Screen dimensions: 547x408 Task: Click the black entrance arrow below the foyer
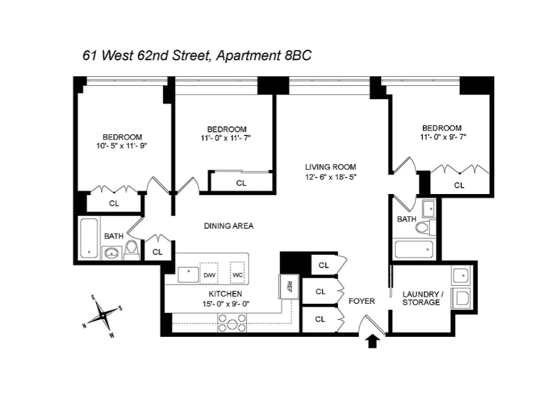click(x=373, y=341)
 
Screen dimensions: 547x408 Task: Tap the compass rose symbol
click(x=102, y=315)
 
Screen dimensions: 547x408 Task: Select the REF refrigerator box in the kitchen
click(x=289, y=286)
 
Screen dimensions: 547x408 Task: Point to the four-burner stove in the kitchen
click(x=232, y=325)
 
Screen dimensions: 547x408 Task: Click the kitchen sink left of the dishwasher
click(x=187, y=274)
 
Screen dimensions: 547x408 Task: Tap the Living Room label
click(x=330, y=167)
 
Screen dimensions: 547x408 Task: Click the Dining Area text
click(x=229, y=226)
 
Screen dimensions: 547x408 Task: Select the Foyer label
click(x=362, y=300)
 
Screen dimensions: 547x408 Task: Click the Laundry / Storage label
click(x=421, y=298)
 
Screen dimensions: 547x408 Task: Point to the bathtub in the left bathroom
click(x=88, y=238)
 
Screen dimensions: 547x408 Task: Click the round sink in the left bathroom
click(x=110, y=252)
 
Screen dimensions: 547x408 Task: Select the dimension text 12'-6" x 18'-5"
click(x=330, y=176)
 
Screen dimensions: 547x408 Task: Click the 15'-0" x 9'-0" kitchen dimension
click(x=225, y=303)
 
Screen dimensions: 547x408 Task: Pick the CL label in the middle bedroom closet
click(x=241, y=183)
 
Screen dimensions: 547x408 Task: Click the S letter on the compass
click(x=120, y=308)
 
